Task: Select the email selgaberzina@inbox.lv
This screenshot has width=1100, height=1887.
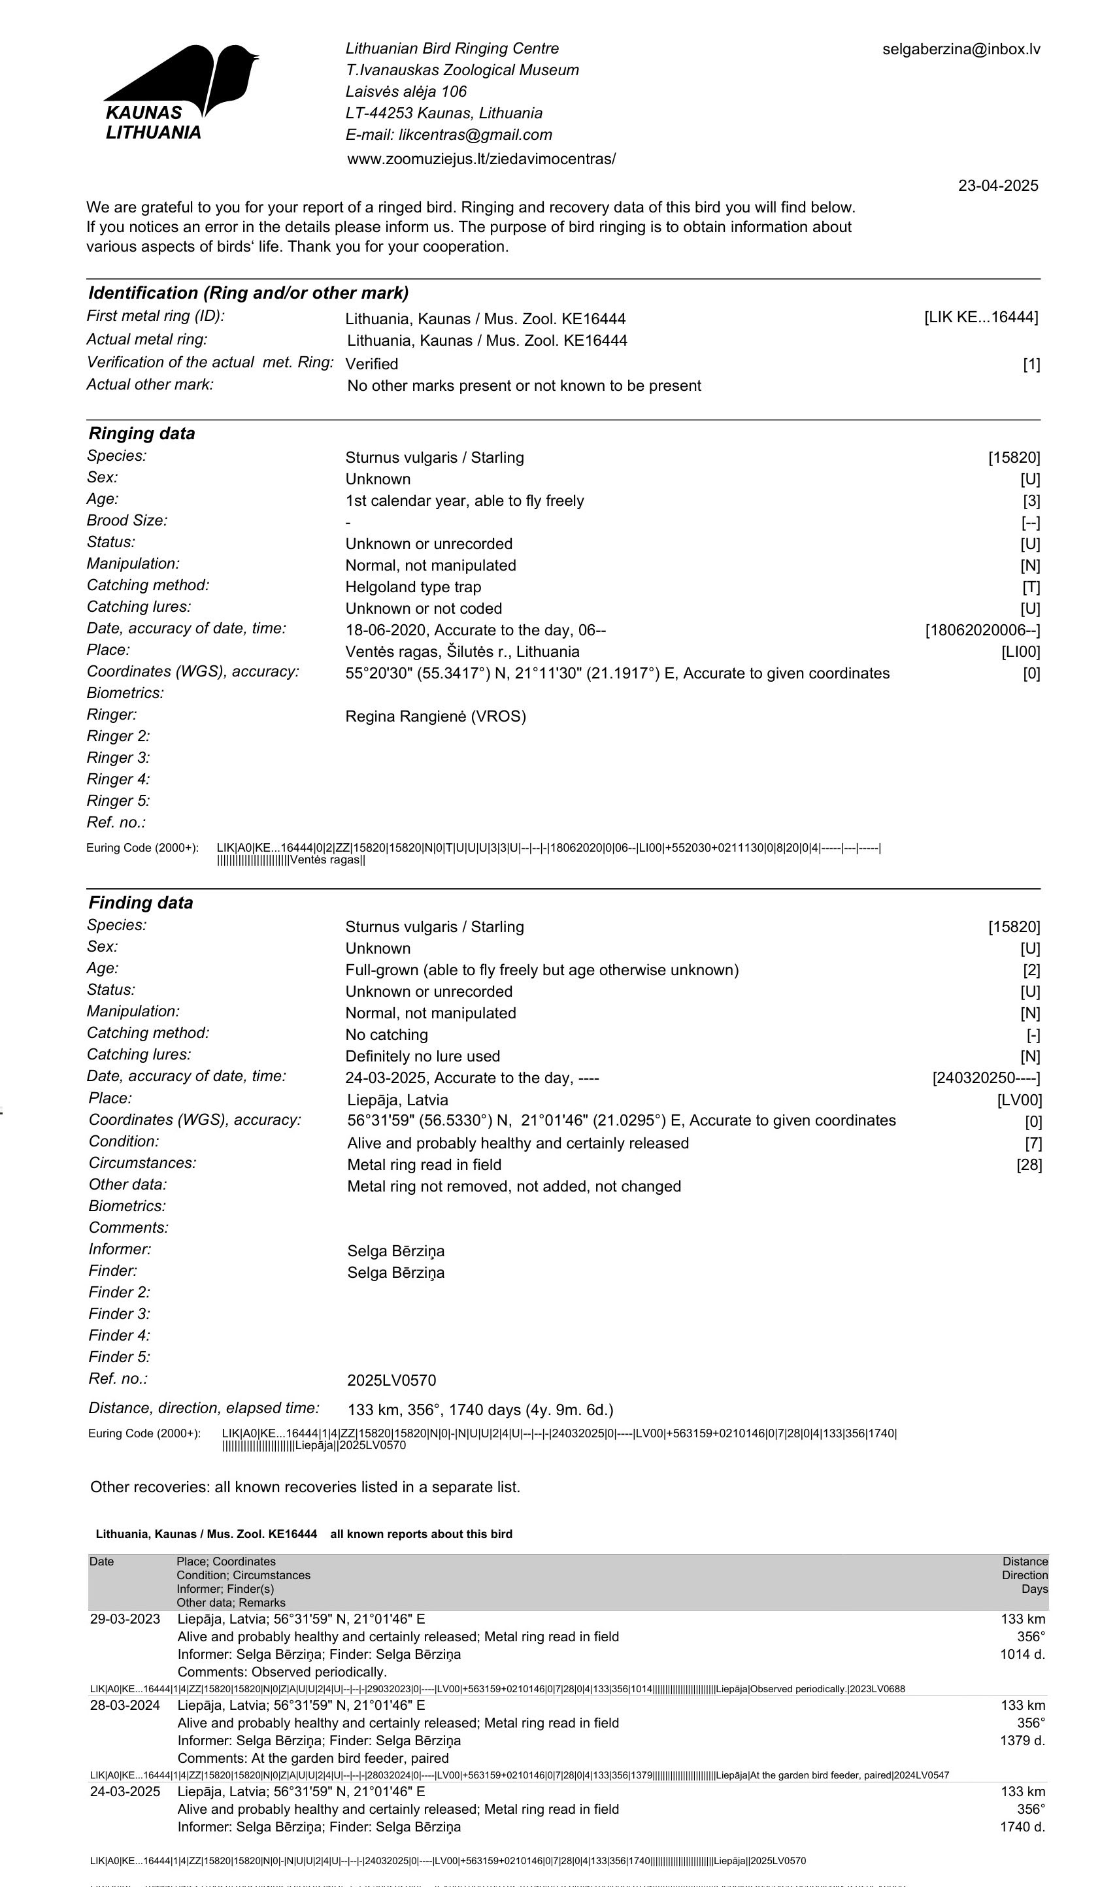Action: (x=961, y=50)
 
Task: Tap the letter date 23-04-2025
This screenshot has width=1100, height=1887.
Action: (x=997, y=186)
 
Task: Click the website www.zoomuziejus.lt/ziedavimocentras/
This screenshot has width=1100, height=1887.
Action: (x=481, y=159)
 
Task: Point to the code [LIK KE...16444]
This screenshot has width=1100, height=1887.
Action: (x=980, y=318)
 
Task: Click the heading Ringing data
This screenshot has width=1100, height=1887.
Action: (x=142, y=433)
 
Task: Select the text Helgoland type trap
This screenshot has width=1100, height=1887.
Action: (x=412, y=587)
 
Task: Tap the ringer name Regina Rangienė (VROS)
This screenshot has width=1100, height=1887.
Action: (x=435, y=716)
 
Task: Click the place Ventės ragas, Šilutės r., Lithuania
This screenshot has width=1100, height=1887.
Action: (x=462, y=652)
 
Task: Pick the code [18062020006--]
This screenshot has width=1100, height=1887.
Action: (x=982, y=631)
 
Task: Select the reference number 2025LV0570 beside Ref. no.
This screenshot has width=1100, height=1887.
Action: (x=391, y=1380)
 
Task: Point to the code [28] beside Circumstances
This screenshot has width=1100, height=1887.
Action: (x=1029, y=1164)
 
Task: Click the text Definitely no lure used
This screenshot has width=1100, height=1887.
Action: (x=422, y=1056)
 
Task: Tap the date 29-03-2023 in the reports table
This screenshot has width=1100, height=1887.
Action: (x=125, y=1619)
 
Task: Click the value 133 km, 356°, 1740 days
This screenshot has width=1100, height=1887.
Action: (x=480, y=1410)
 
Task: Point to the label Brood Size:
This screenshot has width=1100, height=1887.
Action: (x=127, y=520)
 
